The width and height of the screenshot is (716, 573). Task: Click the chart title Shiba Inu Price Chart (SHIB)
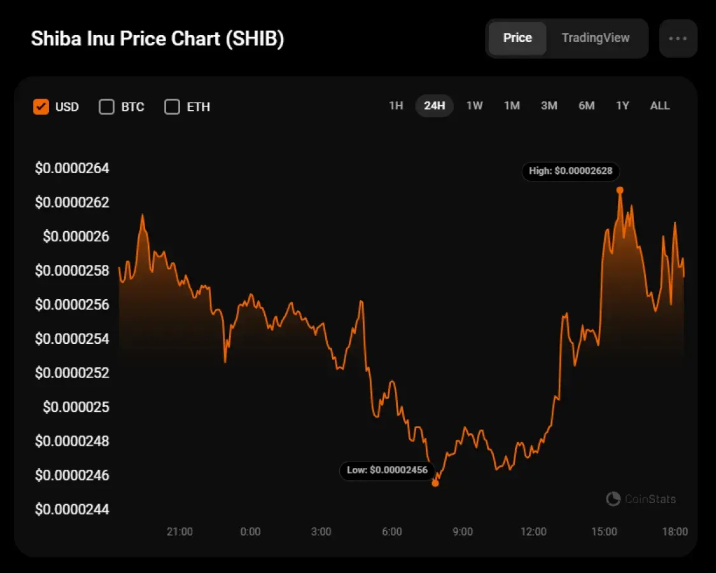point(157,38)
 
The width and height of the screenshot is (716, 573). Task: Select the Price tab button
point(517,38)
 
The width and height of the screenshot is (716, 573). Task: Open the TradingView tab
point(595,38)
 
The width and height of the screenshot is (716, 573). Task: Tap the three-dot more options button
point(678,38)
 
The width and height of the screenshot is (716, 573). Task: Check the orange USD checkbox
point(41,106)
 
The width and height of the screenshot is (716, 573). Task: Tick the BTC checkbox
point(106,106)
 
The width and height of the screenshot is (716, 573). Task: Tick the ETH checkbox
point(172,106)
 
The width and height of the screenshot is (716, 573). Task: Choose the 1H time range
point(396,106)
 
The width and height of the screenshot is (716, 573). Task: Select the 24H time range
point(434,106)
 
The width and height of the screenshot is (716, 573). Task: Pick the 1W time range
point(474,106)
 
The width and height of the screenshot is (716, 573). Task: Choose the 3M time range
point(549,106)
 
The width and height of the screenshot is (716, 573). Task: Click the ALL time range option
point(659,106)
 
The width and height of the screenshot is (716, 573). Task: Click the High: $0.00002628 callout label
point(570,171)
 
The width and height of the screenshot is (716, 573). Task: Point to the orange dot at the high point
point(620,190)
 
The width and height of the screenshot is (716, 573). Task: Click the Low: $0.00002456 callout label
point(387,470)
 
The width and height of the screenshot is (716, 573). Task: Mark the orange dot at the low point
point(435,483)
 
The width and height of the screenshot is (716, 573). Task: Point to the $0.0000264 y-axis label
point(72,169)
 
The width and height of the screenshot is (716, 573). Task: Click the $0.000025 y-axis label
point(76,407)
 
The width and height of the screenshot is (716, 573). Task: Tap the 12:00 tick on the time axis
point(533,532)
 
